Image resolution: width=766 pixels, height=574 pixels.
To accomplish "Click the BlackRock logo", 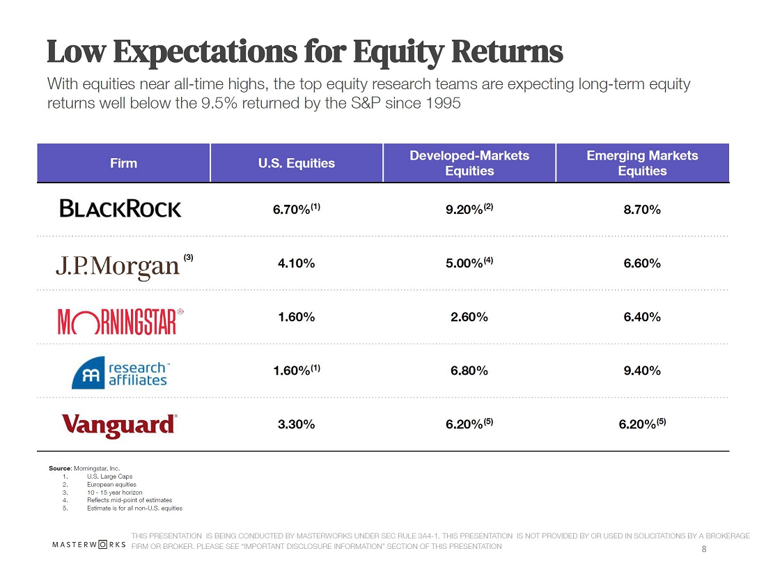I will coord(120,208).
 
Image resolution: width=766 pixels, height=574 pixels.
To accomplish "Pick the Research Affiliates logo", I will coord(119,372).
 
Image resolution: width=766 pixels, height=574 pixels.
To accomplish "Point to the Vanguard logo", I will coord(119,424).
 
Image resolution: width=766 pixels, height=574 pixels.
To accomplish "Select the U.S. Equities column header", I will coord(297,163).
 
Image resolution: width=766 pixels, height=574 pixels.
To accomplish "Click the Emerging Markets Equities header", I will coord(642,163).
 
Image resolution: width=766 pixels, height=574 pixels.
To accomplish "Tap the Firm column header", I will coord(123,163).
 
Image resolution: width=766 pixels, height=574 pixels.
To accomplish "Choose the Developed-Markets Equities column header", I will coord(469,163).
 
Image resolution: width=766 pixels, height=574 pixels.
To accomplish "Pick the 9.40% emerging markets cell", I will coord(642,371).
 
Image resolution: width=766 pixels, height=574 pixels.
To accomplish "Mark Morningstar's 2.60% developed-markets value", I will coord(469,317).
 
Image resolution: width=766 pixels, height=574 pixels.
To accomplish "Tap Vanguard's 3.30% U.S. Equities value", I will coord(297,424).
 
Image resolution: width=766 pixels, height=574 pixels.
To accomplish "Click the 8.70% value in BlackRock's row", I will coord(642,209).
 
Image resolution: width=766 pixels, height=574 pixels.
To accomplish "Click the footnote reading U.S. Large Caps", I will coord(109,476).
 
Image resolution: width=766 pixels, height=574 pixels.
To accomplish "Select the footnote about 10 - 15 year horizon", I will coord(114,492).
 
